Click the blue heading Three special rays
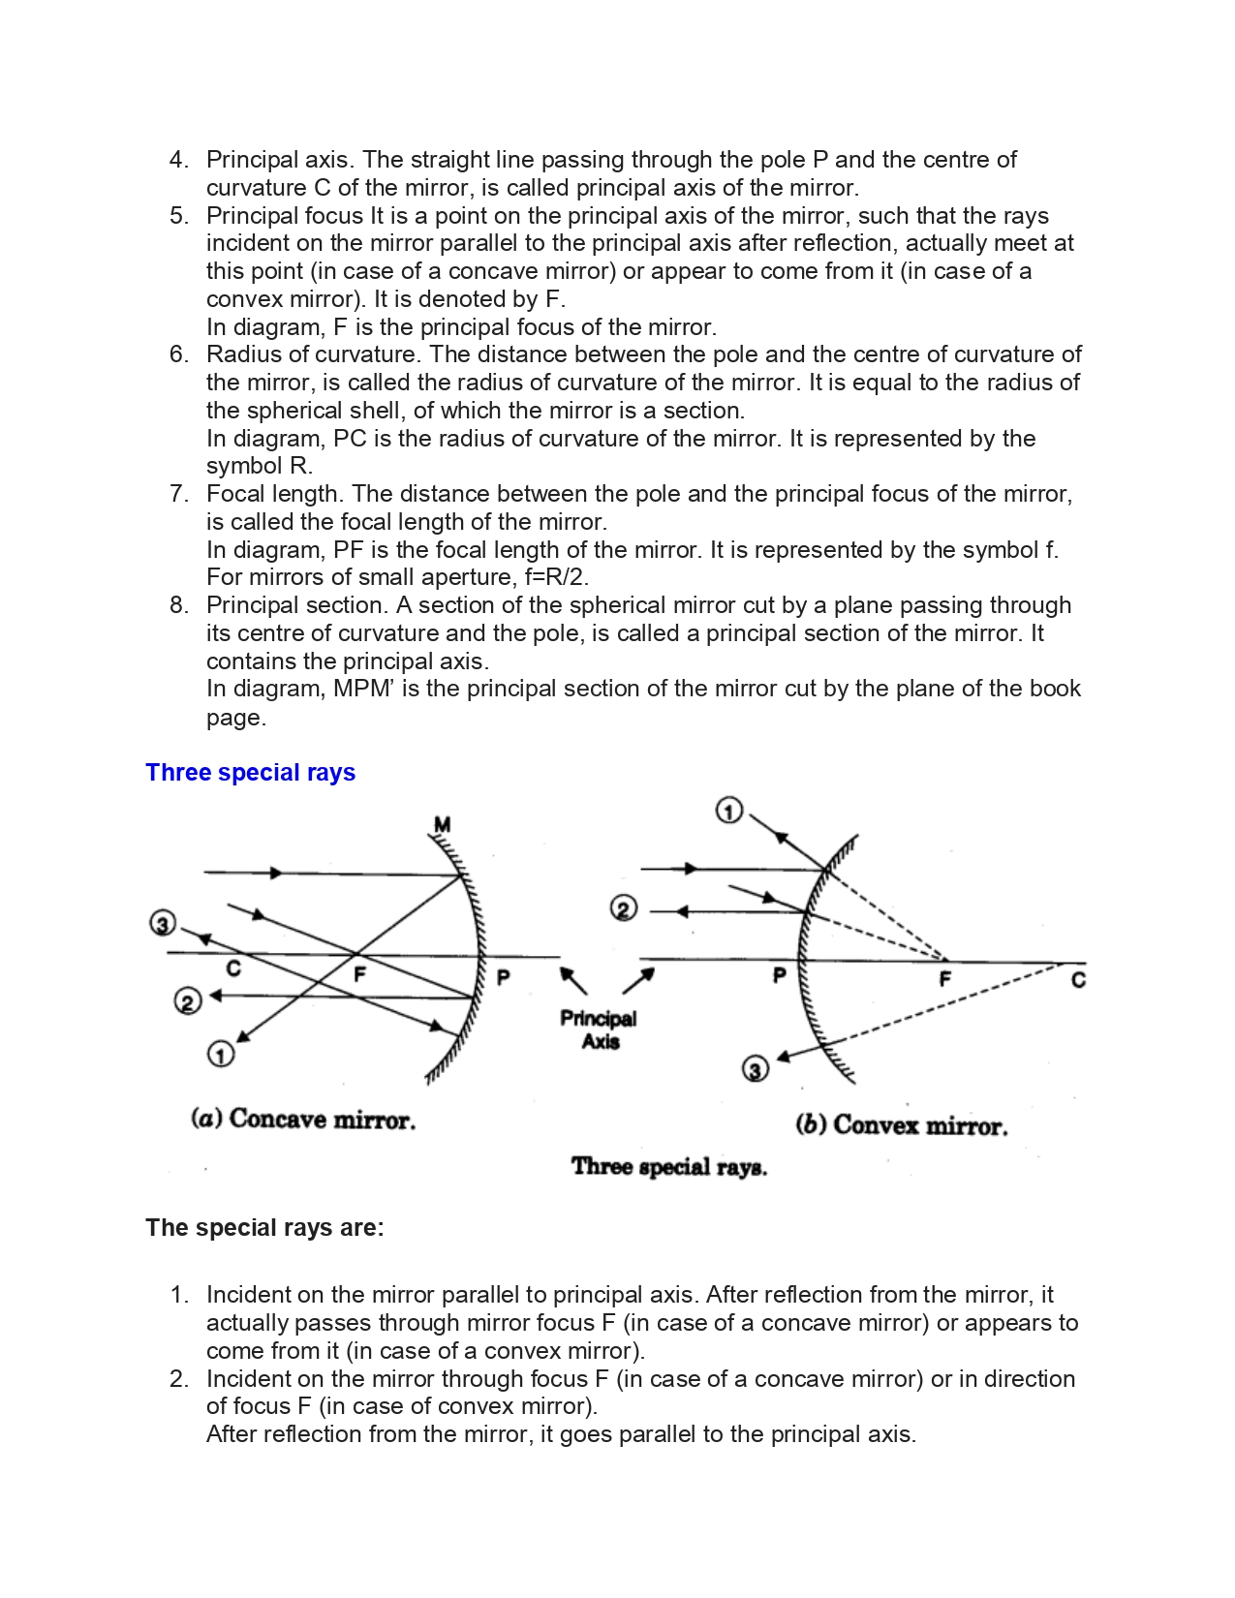pos(250,773)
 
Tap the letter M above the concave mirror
pos(442,825)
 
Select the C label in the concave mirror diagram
pos(233,968)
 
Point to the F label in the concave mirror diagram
pos(359,974)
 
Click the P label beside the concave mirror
pos(503,977)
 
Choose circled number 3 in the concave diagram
pos(163,923)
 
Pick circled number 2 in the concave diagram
pos(187,1000)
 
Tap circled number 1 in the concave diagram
pos(221,1054)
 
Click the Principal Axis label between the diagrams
pos(600,1029)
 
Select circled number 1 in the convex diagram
pos(728,811)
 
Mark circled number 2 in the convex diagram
pos(624,908)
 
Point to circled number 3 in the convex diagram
pos(756,1068)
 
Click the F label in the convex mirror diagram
pos(945,979)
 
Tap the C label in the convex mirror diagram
pos(1078,980)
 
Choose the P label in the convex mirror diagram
pos(779,975)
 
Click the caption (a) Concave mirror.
pos(303,1120)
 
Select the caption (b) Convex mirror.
pos(901,1125)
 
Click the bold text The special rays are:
pos(264,1228)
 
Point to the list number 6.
pos(178,354)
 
